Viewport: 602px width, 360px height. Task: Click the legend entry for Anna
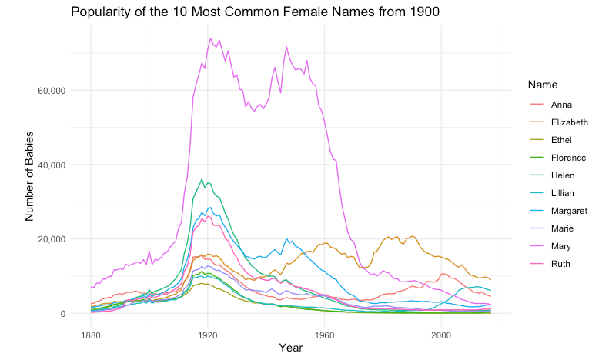(561, 105)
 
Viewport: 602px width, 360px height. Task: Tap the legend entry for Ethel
(562, 140)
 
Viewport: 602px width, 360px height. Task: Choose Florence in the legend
(567, 158)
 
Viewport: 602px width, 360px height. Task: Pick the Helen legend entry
(562, 175)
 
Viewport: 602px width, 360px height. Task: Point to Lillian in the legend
(564, 193)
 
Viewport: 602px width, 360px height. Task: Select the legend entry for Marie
(562, 228)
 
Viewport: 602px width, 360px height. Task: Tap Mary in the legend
(561, 246)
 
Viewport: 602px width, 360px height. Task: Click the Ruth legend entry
(561, 264)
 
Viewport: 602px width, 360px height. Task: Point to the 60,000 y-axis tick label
(49, 90)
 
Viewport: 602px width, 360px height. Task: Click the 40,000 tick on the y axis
(49, 165)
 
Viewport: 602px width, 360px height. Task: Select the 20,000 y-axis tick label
(49, 239)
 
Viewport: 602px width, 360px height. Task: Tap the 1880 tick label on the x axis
(91, 335)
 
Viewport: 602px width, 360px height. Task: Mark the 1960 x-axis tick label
(324, 335)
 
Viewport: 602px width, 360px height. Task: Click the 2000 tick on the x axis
(441, 335)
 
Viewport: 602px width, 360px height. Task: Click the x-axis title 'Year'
(291, 348)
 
